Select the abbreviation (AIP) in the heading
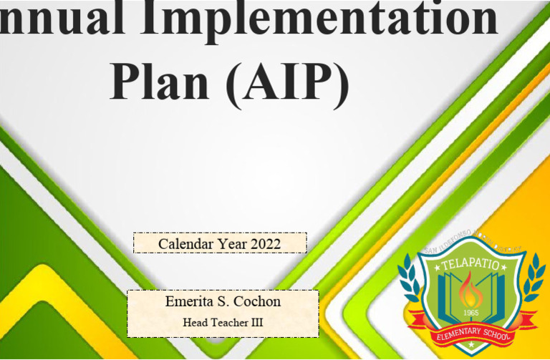point(287,81)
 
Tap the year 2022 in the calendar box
point(266,243)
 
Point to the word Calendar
point(185,243)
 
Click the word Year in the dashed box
point(232,243)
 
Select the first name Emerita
point(192,301)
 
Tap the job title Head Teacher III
point(223,323)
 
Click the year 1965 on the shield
point(471,312)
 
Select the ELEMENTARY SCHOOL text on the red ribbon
point(473,331)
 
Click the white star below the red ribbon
point(471,346)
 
